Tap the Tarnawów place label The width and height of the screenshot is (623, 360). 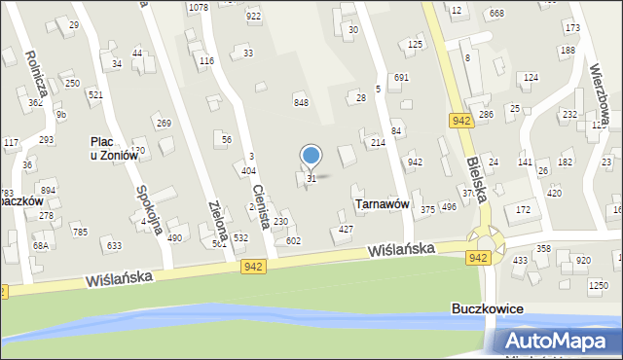tap(381, 204)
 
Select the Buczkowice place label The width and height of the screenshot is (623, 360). tap(488, 308)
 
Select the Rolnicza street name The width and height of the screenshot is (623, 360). tap(34, 74)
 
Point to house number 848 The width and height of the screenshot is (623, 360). tap(302, 102)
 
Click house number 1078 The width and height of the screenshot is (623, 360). tap(199, 7)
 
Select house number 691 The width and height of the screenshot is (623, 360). tap(401, 77)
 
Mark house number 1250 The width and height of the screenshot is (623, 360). tap(598, 284)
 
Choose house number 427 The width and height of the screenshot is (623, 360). tap(346, 229)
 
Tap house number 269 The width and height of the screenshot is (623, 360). tap(164, 123)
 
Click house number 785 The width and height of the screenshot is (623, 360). tap(80, 232)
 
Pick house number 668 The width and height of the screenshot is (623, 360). tap(497, 13)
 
